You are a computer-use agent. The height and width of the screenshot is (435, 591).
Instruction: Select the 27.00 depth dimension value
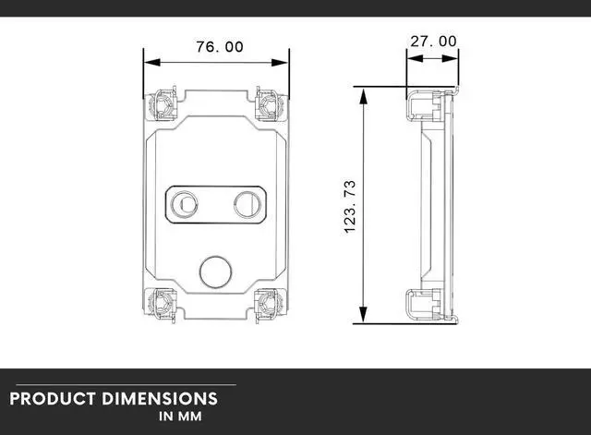coord(432,41)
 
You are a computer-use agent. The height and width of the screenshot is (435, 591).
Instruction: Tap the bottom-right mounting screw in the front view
coord(269,302)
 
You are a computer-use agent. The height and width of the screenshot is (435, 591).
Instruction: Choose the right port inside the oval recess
coord(247,203)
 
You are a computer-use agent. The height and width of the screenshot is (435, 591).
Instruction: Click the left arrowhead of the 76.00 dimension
coord(149,63)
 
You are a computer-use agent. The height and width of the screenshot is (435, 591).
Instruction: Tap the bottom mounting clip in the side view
coord(427,305)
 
